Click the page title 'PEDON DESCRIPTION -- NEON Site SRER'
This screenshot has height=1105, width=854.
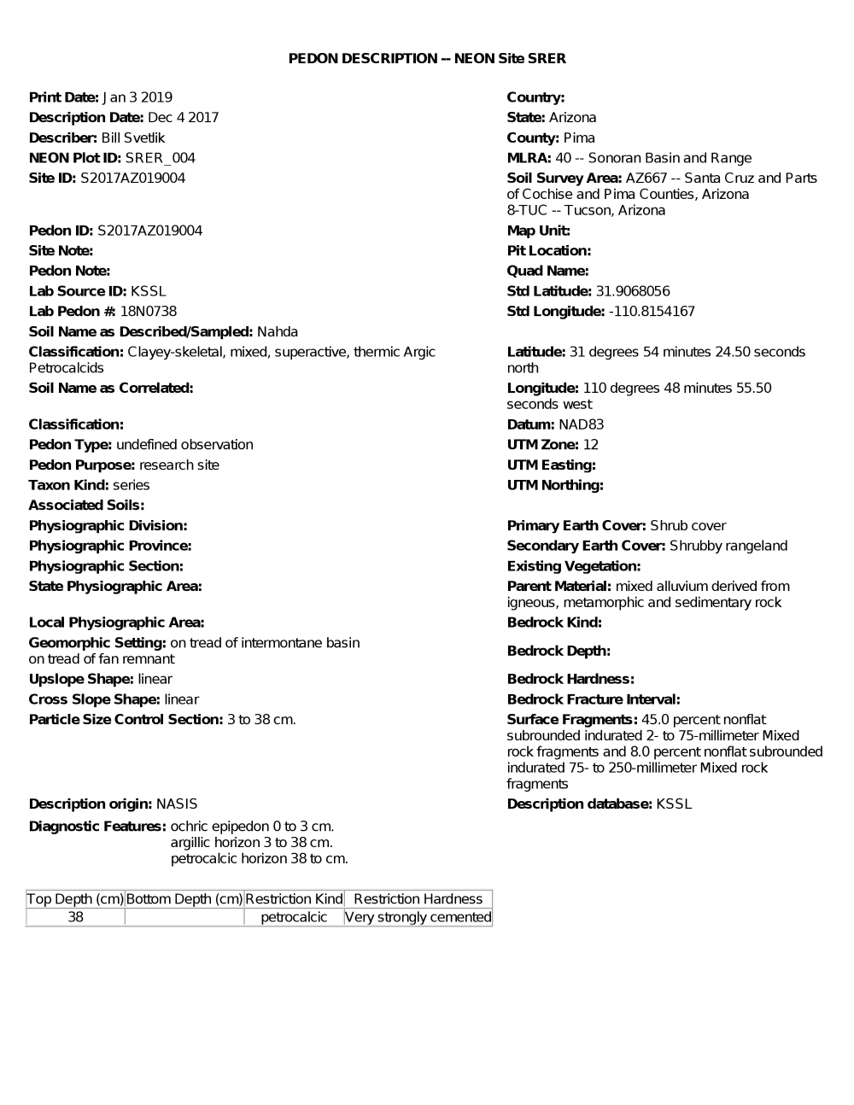click(427, 58)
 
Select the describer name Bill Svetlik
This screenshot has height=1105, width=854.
click(132, 137)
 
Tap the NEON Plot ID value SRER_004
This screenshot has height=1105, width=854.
click(160, 158)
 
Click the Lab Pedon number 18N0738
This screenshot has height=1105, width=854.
click(149, 312)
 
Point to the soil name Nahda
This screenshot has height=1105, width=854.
click(278, 331)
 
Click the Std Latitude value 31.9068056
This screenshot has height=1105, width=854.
click(633, 291)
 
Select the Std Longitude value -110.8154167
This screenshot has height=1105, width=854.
click(652, 312)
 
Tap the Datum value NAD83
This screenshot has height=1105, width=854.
click(582, 424)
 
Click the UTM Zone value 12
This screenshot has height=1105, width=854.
click(591, 445)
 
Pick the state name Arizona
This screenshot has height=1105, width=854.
click(572, 118)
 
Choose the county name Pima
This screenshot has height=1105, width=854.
click(579, 137)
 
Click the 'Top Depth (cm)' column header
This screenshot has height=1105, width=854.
click(75, 898)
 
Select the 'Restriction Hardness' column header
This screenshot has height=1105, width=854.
click(418, 898)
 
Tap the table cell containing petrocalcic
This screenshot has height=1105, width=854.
click(294, 917)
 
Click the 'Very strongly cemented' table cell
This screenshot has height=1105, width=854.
click(418, 917)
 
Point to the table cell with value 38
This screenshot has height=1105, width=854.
click(75, 917)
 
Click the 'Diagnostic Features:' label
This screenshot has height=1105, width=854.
click(97, 826)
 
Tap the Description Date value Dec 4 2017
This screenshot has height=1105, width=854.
click(183, 118)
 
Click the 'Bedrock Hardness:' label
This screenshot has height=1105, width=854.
click(570, 679)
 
